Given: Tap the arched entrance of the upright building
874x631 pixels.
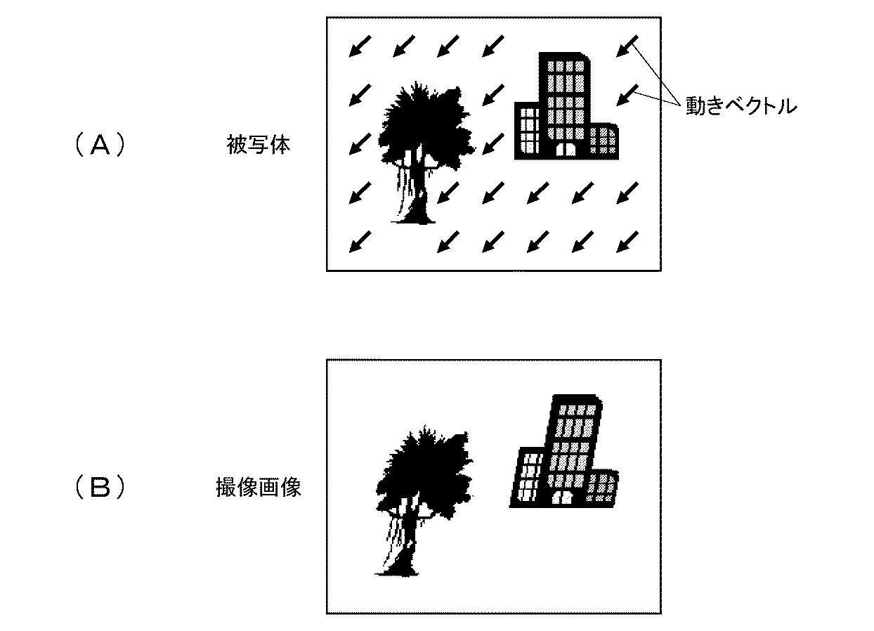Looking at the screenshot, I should click(x=566, y=149).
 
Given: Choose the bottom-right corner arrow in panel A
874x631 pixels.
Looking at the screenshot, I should click(x=627, y=242).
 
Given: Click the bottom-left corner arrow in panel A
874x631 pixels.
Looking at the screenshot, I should click(x=359, y=242).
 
